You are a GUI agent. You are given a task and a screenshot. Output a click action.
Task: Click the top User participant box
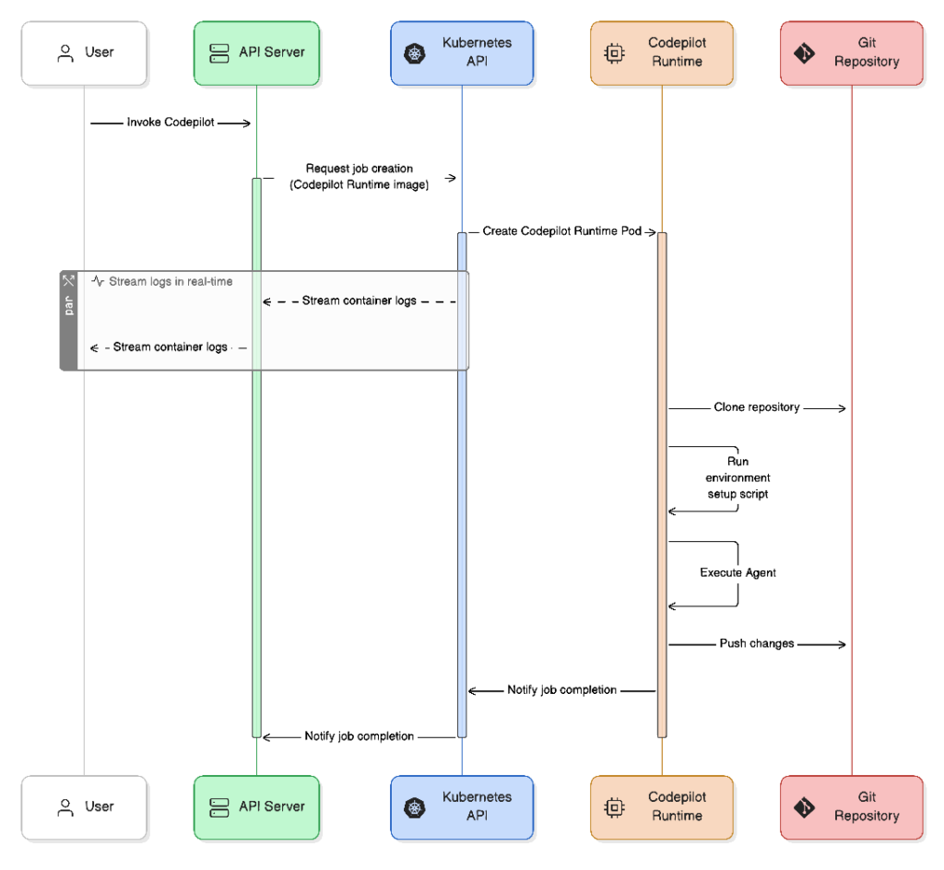coord(84,53)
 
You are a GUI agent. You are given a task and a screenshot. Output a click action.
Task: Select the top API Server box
coord(256,53)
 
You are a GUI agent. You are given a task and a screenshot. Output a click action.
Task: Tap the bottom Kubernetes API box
coord(462,807)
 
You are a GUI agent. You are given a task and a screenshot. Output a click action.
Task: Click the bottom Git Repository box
coord(852,807)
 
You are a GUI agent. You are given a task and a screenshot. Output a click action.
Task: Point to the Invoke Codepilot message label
coord(171,123)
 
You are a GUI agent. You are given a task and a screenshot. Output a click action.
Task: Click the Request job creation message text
coord(360,176)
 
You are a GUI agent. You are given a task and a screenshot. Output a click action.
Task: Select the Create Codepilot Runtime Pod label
coord(561,231)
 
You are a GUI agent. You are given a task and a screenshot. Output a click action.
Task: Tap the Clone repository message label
coord(757,407)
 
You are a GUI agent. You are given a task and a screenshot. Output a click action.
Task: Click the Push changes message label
coord(757,643)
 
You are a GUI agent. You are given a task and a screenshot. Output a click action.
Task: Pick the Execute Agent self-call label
coord(737,572)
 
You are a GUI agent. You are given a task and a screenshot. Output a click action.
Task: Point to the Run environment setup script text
coord(737,477)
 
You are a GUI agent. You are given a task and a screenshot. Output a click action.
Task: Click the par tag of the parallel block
coord(68,306)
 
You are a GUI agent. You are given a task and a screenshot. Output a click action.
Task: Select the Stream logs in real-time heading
coord(171,282)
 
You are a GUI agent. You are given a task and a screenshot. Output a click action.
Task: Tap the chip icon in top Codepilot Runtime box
coord(614,53)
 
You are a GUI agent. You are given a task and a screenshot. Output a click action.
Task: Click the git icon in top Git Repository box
coord(804,53)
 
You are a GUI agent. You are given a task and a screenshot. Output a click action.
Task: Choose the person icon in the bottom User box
coord(65,807)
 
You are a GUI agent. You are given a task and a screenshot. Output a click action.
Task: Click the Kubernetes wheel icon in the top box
coord(414,53)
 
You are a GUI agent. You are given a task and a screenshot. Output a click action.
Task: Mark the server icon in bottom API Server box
coord(219,807)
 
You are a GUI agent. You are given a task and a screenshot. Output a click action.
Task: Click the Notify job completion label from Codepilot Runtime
coord(561,689)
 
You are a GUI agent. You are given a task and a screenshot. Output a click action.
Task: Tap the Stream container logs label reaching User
coord(171,347)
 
